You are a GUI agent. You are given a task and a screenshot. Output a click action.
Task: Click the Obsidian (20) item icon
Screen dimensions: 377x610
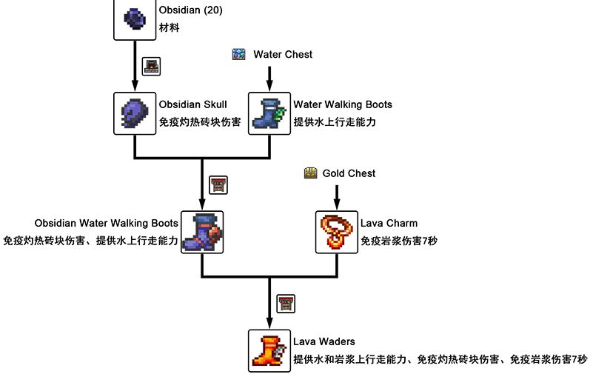tap(135, 19)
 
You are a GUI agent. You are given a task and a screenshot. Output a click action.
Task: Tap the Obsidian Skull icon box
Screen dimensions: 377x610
tap(135, 113)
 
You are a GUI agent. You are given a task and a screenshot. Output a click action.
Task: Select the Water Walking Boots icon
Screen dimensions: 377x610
tap(269, 113)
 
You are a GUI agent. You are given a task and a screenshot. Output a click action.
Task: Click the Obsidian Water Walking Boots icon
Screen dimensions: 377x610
tap(202, 231)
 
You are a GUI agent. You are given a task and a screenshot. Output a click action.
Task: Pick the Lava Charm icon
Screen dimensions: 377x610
tap(337, 231)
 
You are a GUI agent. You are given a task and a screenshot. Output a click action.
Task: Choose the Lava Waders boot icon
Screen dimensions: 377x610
tap(269, 350)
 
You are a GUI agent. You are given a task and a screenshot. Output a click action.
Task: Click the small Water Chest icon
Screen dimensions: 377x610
tap(238, 54)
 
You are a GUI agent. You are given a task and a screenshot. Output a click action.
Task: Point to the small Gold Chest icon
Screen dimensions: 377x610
tap(311, 173)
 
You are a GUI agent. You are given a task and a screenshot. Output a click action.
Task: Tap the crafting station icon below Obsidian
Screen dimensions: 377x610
tap(151, 66)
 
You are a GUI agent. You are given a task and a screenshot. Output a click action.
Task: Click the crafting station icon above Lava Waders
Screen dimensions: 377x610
tap(286, 303)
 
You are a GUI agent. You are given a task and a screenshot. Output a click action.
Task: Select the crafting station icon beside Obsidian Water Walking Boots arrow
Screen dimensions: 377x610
tap(218, 184)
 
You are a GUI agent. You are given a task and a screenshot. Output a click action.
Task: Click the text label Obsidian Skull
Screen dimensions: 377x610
tap(192, 104)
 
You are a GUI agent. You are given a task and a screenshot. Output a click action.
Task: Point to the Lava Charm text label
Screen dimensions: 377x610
tap(389, 223)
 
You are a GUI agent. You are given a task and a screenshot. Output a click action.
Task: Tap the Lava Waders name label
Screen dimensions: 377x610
tap(324, 341)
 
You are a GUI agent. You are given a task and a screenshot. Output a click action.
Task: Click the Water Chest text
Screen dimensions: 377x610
tap(283, 54)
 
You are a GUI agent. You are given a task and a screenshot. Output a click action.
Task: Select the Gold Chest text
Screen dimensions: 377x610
tap(349, 173)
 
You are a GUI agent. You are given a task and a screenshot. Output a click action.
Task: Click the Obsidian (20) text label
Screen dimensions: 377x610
tap(190, 10)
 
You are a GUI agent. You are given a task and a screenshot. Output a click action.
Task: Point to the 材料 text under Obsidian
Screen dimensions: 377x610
tap(169, 27)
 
